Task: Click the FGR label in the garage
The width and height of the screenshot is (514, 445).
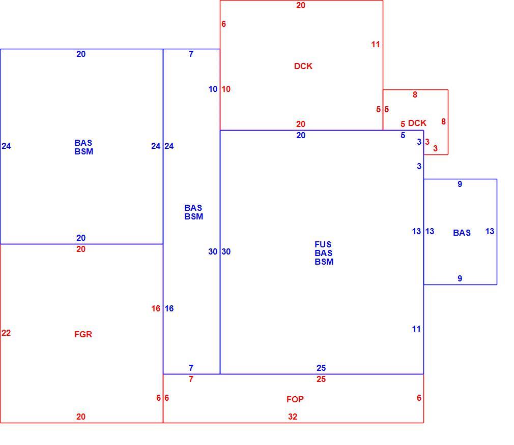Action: coord(83,334)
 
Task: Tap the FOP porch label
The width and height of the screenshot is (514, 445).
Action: coord(295,399)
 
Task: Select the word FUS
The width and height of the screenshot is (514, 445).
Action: coord(323,244)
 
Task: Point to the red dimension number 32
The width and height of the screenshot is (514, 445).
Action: coord(293,417)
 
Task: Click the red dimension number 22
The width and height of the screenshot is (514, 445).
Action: coord(6,333)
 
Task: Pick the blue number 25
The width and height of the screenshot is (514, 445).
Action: coord(321,368)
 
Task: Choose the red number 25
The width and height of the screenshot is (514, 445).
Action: coord(321,379)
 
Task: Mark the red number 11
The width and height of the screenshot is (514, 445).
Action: coord(376,44)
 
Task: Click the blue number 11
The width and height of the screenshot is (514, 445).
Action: coord(416,329)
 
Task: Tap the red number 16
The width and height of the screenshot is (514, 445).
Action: coord(156,308)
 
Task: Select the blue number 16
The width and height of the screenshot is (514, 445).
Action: coord(169,308)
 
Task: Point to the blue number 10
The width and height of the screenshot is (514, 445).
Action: coord(213,89)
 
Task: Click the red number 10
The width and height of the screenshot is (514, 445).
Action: coord(226,89)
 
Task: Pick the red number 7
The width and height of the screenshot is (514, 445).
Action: coord(191,379)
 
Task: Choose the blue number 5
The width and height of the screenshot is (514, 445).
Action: coord(403,135)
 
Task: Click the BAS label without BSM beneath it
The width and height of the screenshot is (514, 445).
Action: coord(462,233)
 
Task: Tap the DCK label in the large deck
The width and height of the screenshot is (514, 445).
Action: coord(303,66)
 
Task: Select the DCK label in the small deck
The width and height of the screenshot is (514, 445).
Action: coord(417,123)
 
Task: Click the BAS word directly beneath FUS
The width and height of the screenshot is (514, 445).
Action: coord(324,253)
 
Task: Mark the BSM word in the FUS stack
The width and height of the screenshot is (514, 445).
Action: coord(324,262)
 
